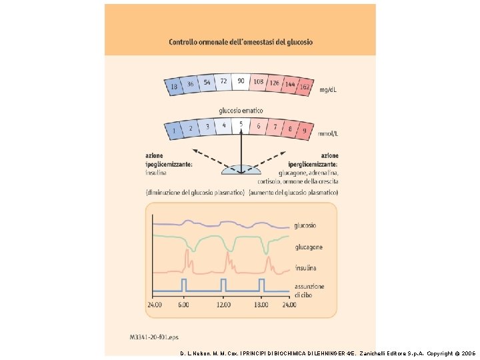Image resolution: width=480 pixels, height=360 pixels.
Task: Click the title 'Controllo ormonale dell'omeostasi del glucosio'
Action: (x=240, y=42)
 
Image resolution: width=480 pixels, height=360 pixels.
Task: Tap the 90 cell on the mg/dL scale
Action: (x=240, y=81)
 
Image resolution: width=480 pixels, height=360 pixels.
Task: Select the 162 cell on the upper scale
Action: (x=305, y=87)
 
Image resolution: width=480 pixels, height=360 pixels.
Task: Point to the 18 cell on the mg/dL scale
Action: (x=174, y=87)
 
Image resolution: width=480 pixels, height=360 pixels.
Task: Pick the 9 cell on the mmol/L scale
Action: (x=305, y=131)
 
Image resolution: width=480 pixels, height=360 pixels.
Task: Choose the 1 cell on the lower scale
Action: (x=175, y=131)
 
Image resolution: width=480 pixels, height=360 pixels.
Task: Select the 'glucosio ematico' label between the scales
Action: (x=241, y=110)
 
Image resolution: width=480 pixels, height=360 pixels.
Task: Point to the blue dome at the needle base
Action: (x=241, y=169)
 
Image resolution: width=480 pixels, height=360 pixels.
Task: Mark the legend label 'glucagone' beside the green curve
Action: (x=309, y=247)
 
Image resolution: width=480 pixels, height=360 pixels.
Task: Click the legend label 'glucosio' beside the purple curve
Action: (x=305, y=225)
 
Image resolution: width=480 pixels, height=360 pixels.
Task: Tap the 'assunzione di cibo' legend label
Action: (x=309, y=291)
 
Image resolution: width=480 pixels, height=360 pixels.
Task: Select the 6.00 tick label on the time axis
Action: (x=183, y=305)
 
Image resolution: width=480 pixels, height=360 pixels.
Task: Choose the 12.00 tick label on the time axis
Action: (x=223, y=305)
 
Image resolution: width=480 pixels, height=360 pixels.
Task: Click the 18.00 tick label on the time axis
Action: (x=261, y=305)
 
